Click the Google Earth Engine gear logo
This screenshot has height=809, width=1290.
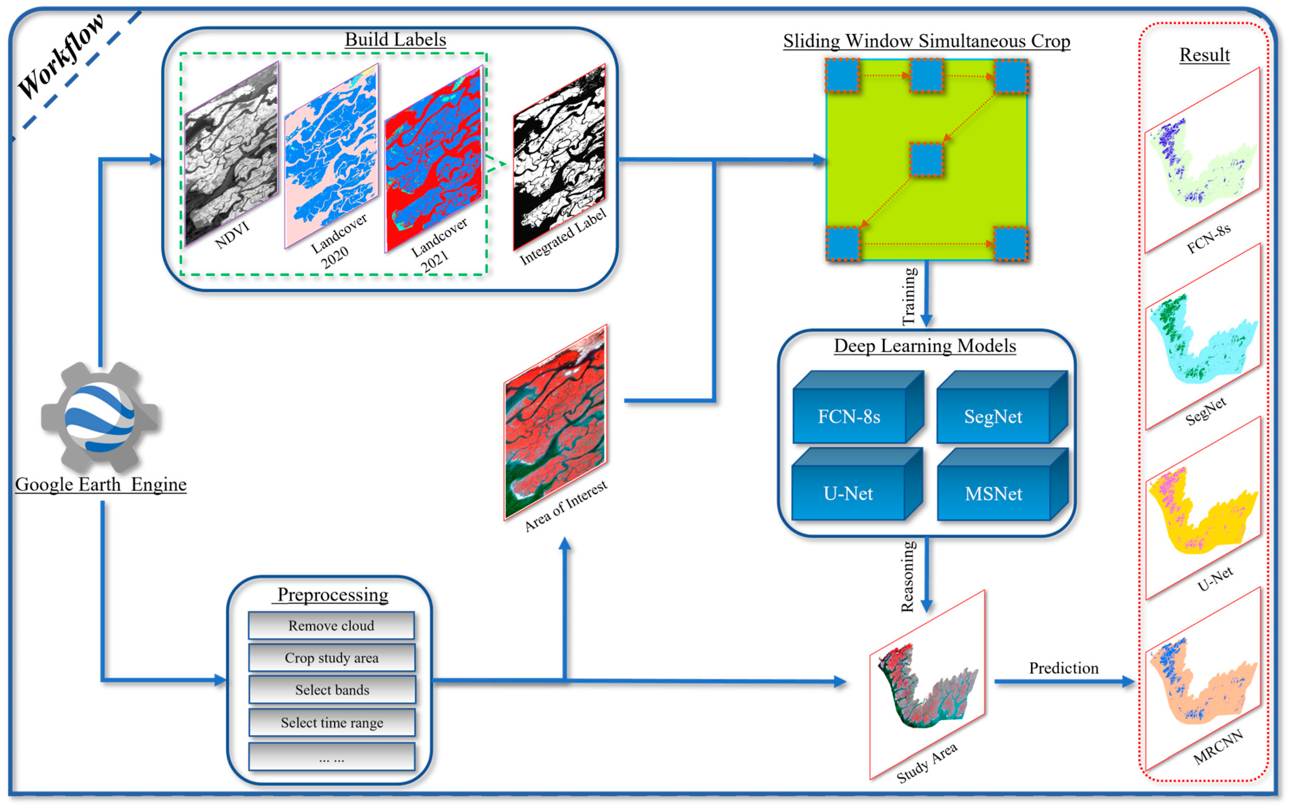point(100,417)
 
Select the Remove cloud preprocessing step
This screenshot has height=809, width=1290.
point(331,625)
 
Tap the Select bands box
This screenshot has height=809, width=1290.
point(332,690)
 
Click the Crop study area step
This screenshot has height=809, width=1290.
point(331,657)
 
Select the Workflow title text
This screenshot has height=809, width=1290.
point(61,56)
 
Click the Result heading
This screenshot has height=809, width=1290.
point(1204,55)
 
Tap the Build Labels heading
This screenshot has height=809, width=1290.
point(395,40)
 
